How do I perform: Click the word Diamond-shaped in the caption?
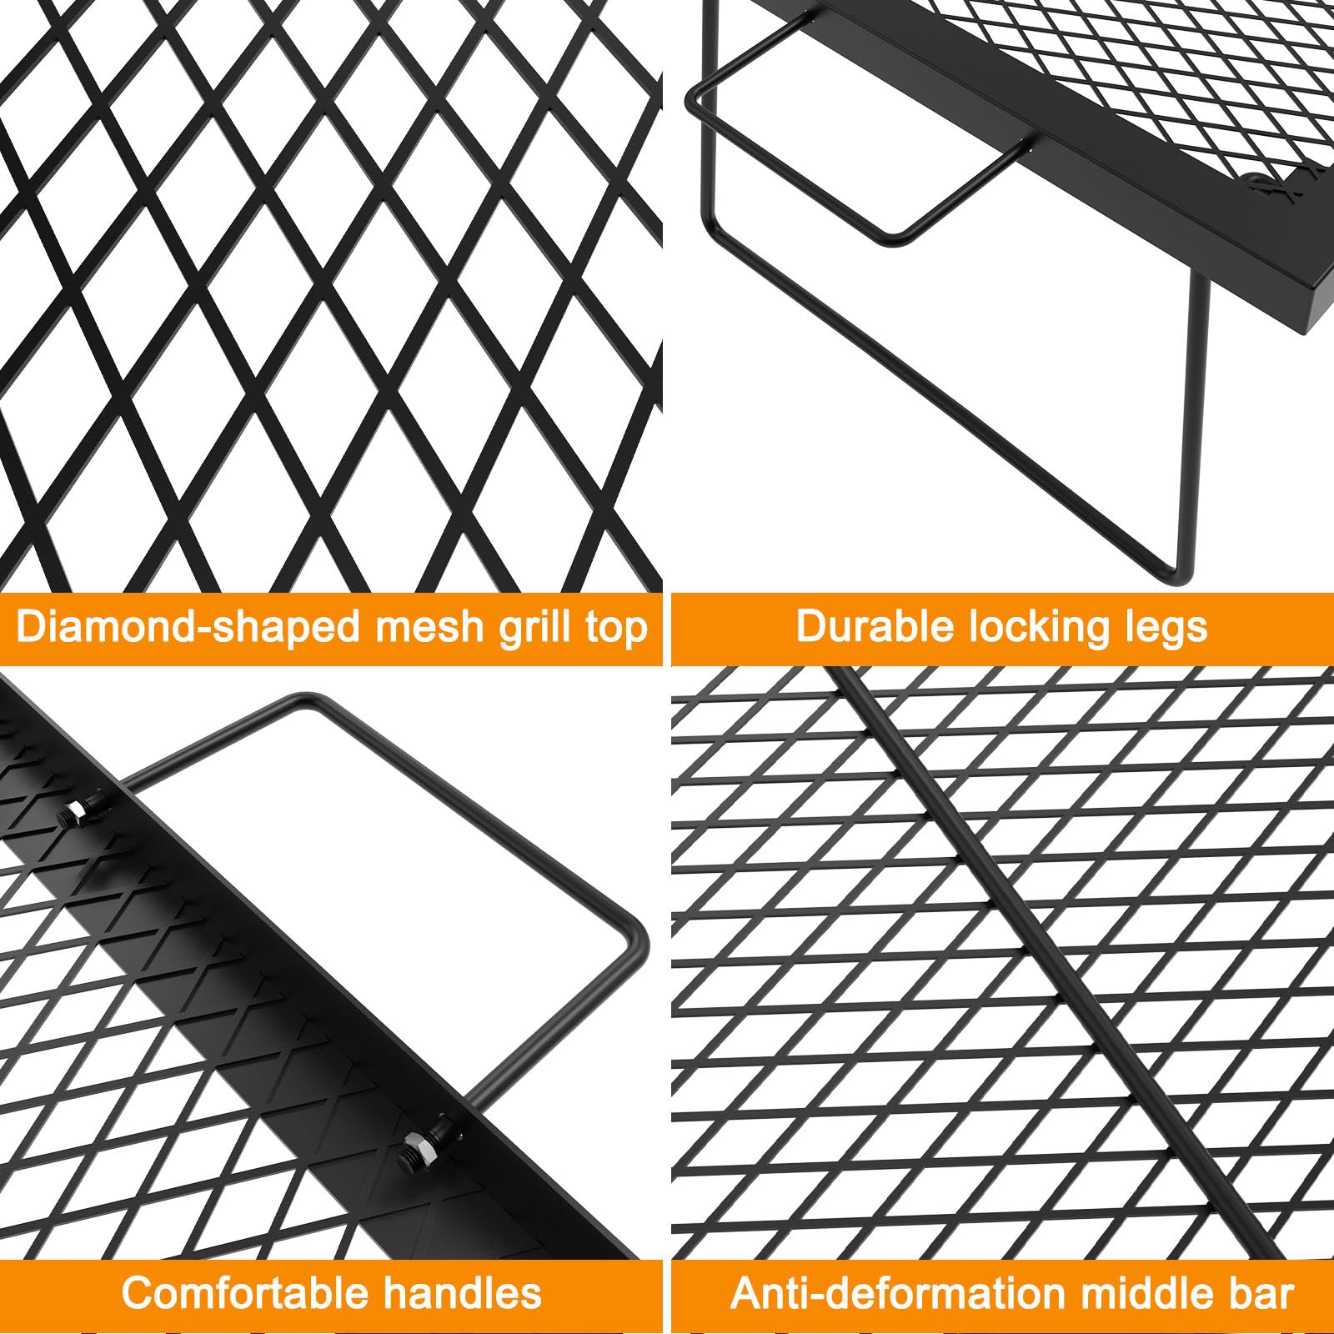[189, 627]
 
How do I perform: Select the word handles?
[464, 1294]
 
